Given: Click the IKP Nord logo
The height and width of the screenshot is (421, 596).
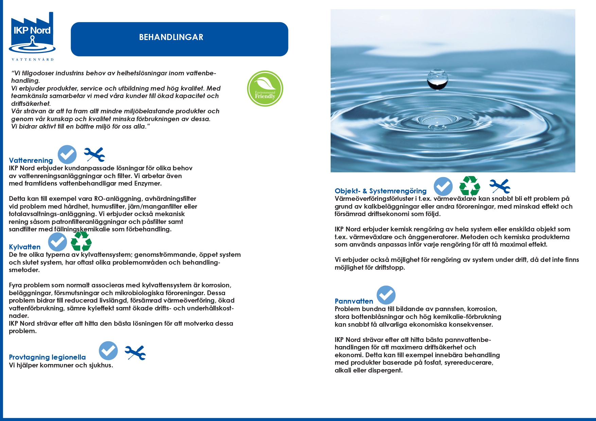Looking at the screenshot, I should coord(32,34).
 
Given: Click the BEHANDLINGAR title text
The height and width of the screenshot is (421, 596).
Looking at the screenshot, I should coord(171,37).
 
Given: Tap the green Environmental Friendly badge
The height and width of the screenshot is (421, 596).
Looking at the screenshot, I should coord(265,89).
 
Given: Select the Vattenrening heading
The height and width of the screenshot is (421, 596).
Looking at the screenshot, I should coord(31,160).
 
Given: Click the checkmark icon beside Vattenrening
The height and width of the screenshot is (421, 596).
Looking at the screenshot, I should coord(67,155).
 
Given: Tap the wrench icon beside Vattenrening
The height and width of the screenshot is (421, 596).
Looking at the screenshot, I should coord(94,155).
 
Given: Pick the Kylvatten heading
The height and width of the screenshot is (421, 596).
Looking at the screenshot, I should coord(25,247).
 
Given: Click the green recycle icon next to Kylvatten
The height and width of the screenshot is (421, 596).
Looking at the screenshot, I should coord(81,241).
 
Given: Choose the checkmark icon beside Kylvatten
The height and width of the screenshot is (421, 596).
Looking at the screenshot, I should coord(57,242).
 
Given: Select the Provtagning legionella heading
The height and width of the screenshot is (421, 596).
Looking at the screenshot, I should coord(47,357).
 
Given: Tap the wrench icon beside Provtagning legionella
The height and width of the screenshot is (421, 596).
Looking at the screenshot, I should coord(135,352).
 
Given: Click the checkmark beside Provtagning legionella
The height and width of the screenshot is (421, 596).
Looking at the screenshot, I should coord(108,351).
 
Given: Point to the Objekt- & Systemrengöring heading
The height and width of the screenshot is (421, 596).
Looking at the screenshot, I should coord(381,191).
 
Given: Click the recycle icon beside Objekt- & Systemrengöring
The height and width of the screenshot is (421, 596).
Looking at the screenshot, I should coord(470,186).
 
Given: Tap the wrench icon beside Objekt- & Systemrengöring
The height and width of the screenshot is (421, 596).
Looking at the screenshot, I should coord(500,186).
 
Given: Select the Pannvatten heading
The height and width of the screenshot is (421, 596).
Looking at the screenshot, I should coord(354,301).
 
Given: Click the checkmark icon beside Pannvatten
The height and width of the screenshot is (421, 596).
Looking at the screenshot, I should coord(386,295).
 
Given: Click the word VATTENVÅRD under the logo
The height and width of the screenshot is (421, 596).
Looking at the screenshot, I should coord(33,59).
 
